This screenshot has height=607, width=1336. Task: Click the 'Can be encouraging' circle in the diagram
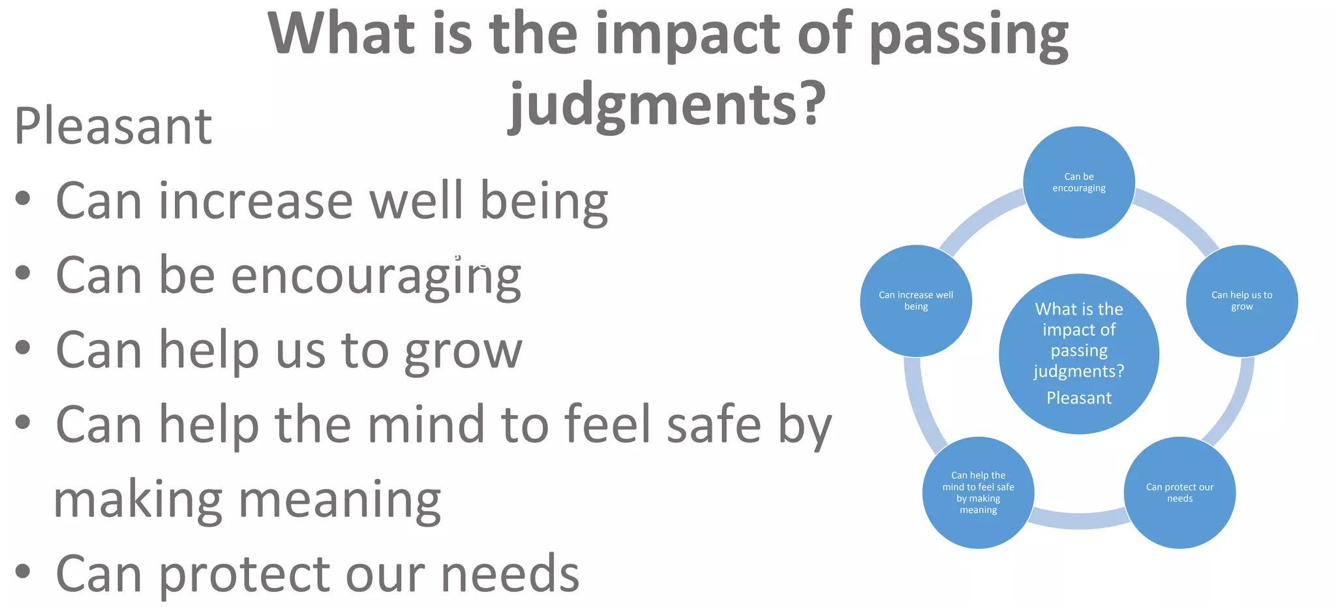click(1078, 182)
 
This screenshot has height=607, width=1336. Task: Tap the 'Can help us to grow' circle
click(1241, 301)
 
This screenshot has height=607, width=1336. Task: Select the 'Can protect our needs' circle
click(1179, 493)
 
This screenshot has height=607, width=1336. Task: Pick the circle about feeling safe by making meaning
click(978, 493)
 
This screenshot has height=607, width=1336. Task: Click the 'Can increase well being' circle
click(916, 301)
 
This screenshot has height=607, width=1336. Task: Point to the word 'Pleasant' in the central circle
click(1079, 398)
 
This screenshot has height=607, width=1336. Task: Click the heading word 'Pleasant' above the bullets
click(113, 126)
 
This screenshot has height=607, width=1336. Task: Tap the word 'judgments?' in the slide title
click(667, 104)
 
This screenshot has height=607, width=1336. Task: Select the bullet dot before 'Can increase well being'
click(23, 198)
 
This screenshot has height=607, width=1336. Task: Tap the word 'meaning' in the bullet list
click(339, 500)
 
